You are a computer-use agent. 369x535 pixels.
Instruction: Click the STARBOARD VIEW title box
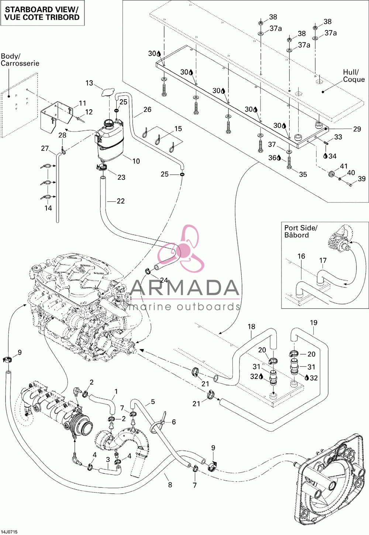42,13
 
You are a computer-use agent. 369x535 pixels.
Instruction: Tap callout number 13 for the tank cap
89,83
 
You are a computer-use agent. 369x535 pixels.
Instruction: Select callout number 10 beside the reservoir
136,161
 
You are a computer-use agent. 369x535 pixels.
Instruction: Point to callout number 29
357,129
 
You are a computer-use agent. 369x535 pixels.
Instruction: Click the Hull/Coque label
354,76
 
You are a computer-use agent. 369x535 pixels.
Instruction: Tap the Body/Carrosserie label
20,60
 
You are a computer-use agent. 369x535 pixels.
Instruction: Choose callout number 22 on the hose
121,201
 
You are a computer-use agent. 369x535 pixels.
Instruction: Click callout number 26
147,109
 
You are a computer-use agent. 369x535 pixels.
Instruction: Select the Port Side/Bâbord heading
301,231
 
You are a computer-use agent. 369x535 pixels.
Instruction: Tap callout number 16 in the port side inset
301,256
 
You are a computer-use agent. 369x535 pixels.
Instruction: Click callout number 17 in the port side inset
323,260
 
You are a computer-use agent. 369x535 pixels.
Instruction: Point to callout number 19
314,323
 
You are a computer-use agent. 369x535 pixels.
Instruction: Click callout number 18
251,327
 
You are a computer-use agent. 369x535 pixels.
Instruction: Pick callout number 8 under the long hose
170,483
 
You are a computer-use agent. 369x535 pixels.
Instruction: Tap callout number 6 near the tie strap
174,422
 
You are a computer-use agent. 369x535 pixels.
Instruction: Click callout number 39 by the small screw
362,179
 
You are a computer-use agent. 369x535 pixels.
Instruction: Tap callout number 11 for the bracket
82,103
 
